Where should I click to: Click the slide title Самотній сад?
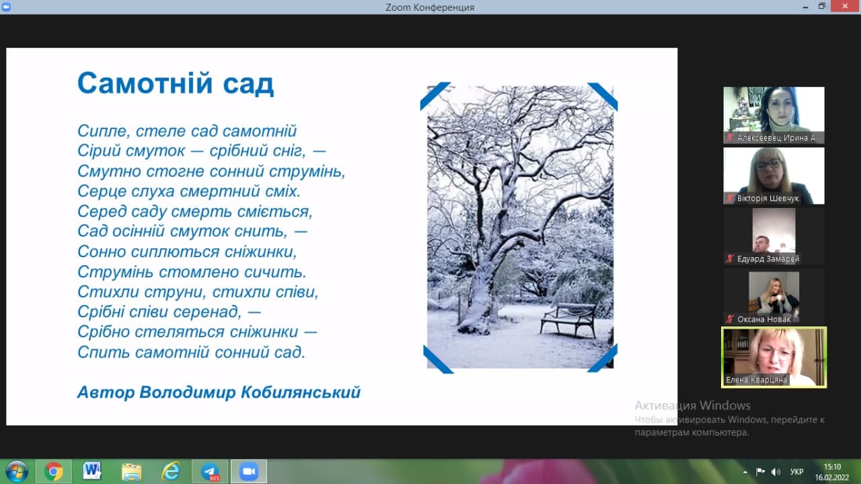[176, 83]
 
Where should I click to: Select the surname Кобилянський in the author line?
[301, 392]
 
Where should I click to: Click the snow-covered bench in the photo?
[568, 320]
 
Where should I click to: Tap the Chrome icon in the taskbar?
[53, 471]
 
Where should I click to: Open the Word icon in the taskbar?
[91, 471]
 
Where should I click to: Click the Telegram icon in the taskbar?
[210, 471]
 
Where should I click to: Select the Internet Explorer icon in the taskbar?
[171, 471]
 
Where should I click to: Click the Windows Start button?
[16, 471]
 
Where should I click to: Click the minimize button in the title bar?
[805, 7]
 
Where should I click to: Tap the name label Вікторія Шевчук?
[768, 199]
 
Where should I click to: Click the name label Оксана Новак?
[763, 319]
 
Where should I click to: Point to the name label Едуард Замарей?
[768, 259]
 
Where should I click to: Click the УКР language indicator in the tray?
[797, 472]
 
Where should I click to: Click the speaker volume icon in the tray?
[776, 472]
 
